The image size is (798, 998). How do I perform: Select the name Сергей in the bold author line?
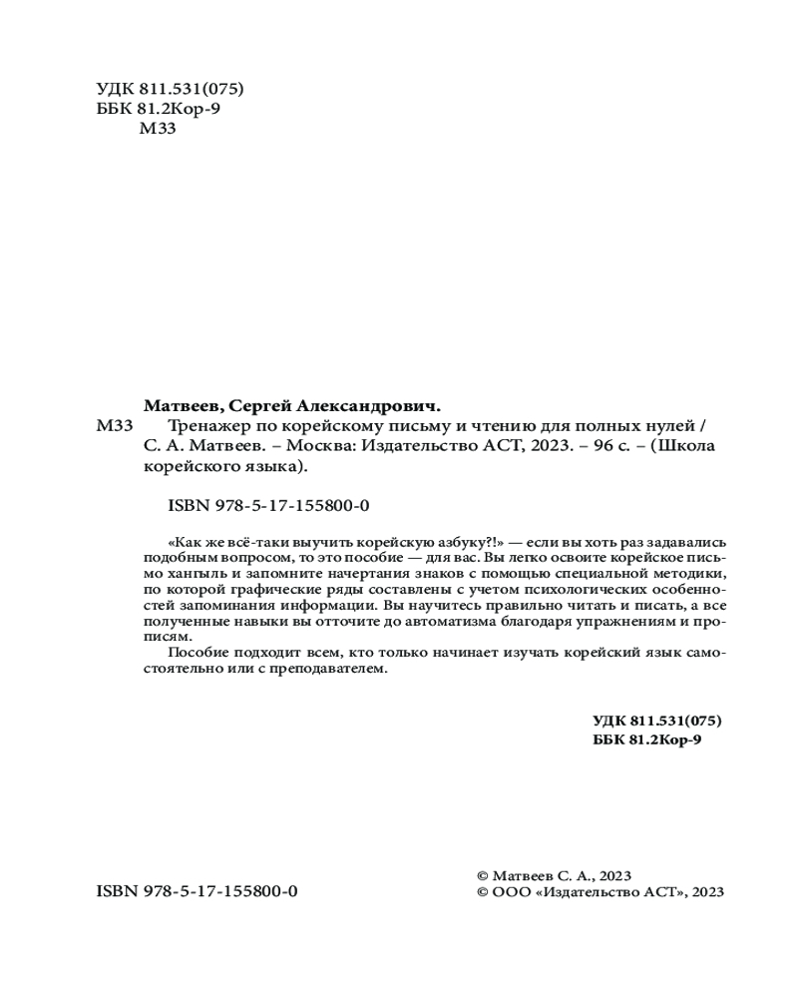(x=261, y=405)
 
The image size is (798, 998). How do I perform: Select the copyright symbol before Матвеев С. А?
(x=484, y=874)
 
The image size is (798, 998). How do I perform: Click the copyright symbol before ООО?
(x=484, y=892)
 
